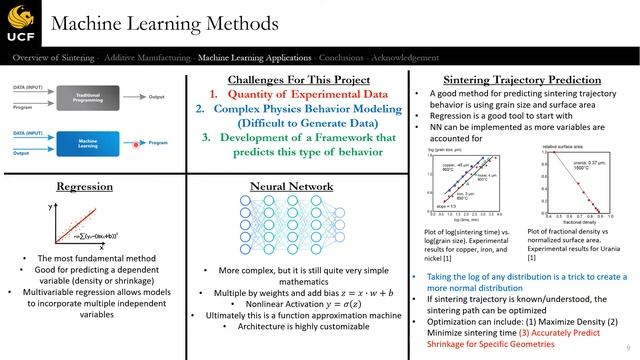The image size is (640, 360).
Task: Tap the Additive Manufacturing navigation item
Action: click(148, 59)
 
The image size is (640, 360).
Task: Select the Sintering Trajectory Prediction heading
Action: click(519, 79)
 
